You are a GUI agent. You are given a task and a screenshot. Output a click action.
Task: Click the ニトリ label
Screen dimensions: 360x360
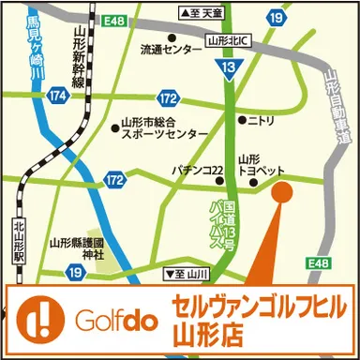[x=262, y=120]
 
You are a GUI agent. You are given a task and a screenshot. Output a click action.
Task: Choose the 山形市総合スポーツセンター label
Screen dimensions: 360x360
[x=158, y=127]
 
